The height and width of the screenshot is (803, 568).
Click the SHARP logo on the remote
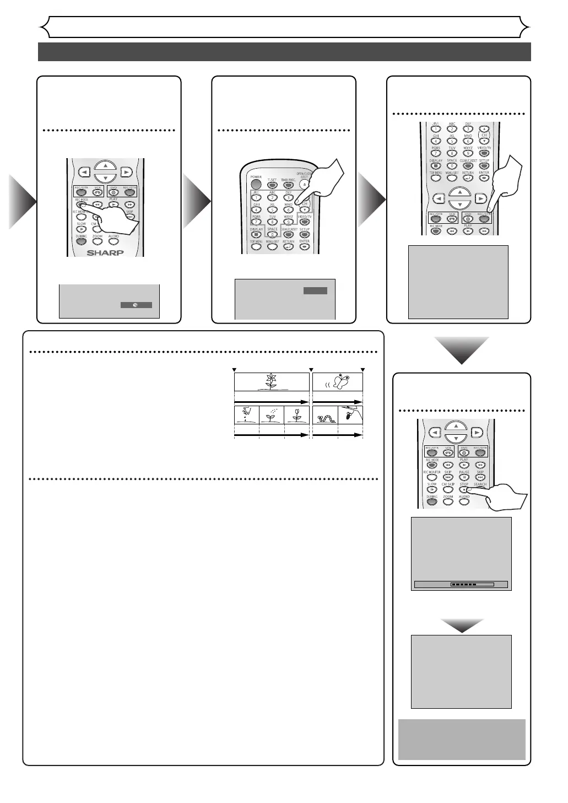pyautogui.click(x=105, y=253)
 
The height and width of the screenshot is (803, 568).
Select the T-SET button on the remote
pyautogui.click(x=272, y=185)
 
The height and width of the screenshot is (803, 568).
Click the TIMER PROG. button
pyautogui.click(x=288, y=185)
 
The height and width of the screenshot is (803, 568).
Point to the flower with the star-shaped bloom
pyautogui.click(x=271, y=381)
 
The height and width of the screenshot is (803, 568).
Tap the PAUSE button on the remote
pyautogui.click(x=464, y=477)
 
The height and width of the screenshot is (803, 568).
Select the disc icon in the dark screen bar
pyautogui.click(x=136, y=305)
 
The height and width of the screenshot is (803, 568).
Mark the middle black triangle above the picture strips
pyautogui.click(x=311, y=369)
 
